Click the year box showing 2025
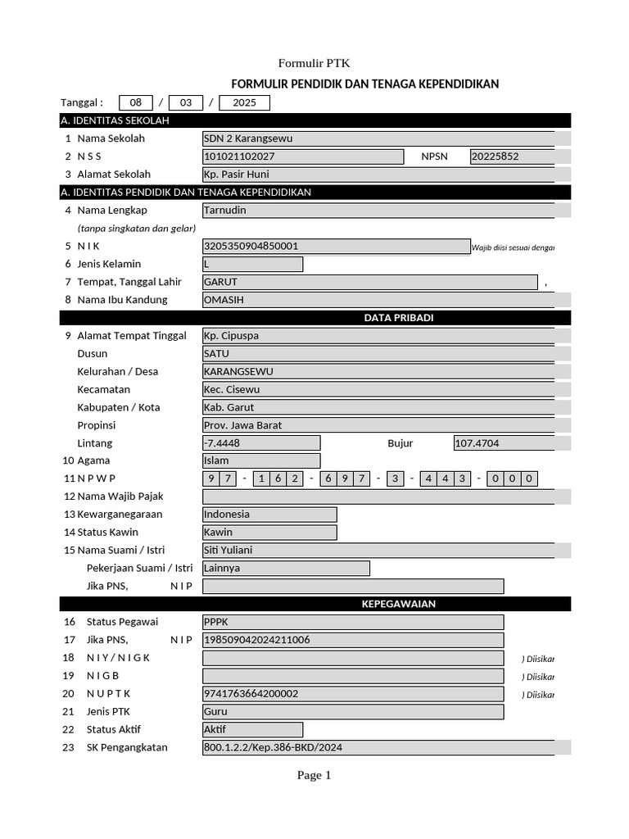[244, 102]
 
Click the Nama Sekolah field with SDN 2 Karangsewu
[378, 138]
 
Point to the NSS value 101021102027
[302, 156]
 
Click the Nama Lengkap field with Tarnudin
[378, 210]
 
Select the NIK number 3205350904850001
[336, 246]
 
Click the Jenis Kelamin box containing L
[252, 264]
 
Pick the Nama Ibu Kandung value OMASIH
[378, 300]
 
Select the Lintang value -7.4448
[260, 443]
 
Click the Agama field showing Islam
[260, 460]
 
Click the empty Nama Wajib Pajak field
[378, 497]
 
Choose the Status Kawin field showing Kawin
[269, 533]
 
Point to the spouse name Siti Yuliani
[378, 551]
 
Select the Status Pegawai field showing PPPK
[352, 622]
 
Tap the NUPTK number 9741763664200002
[352, 694]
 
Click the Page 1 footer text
[314, 775]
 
